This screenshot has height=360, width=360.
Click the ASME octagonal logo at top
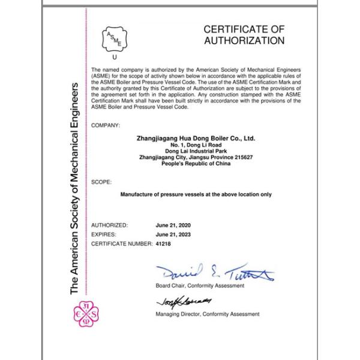pos(115,38)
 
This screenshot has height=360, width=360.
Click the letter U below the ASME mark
pos(115,57)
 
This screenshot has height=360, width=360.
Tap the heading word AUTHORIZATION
pos(244,41)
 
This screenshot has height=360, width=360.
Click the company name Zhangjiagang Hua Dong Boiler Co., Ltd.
pos(196,139)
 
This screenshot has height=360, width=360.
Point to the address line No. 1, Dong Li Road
pos(196,146)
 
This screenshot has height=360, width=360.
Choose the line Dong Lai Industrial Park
pos(196,152)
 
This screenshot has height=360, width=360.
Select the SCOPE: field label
pos(102,181)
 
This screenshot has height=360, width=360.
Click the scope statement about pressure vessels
pos(196,194)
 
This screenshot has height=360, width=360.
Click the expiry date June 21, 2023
pos(174,235)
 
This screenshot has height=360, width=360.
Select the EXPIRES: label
pos(104,235)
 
